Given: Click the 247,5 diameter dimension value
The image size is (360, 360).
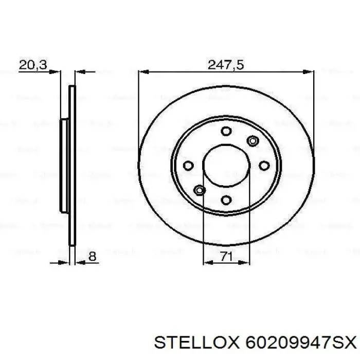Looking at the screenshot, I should coord(225,65).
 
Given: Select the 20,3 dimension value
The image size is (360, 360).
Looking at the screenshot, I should coord(33,65).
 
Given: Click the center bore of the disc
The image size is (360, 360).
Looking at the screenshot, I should coord(226,165).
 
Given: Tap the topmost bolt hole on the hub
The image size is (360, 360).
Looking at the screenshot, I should coord(226,131).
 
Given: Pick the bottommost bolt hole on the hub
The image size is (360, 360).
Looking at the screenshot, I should coord(226,200).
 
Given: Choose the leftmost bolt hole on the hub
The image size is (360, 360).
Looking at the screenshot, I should coord(188,166).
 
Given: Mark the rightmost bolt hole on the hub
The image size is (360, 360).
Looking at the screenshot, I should coord(264,165).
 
